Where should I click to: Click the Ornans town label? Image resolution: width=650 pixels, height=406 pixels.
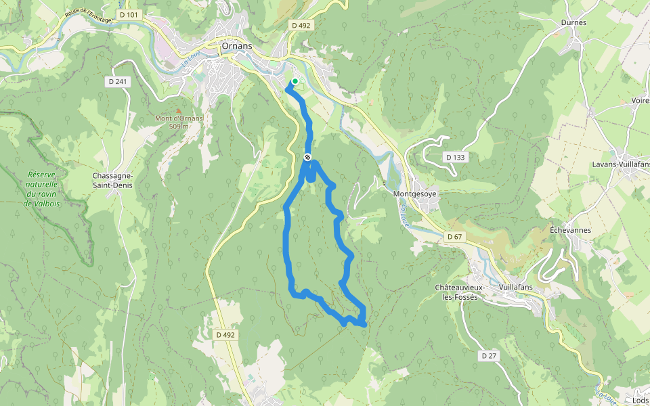click(237, 47)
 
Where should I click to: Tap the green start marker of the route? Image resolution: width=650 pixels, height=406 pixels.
click(295, 81)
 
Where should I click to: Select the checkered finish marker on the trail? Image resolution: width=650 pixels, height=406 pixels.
click(307, 158)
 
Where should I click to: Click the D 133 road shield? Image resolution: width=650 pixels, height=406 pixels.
click(456, 157)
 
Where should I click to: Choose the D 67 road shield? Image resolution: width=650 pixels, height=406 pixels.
click(454, 236)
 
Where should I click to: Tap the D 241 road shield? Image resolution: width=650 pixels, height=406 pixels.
click(117, 81)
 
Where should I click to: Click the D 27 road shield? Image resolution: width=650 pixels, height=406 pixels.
click(490, 355)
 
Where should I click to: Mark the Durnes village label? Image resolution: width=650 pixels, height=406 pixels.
click(573, 22)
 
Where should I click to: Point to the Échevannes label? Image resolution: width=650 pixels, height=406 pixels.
click(570, 230)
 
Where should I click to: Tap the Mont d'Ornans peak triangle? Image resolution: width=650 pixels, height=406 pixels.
click(179, 111)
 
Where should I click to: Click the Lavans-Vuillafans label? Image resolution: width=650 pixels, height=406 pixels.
click(620, 164)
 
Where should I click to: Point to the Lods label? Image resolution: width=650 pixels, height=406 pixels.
click(640, 401)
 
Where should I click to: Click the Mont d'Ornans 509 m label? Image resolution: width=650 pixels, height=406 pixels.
click(179, 122)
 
